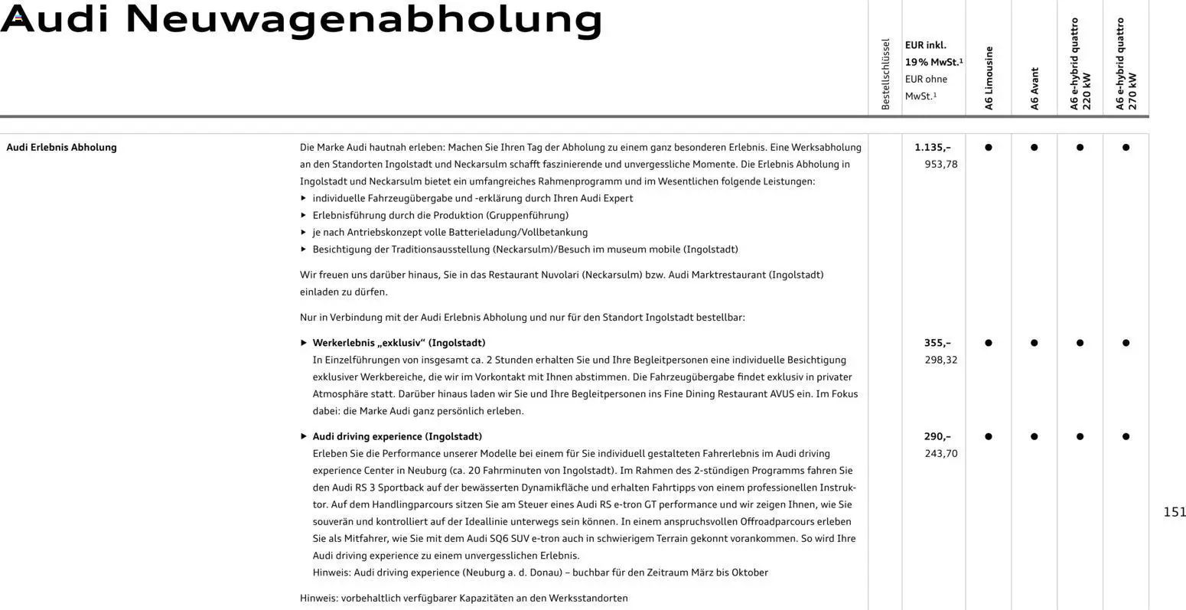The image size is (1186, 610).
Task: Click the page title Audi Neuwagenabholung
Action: [301, 21]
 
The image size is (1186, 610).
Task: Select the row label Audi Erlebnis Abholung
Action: [61, 147]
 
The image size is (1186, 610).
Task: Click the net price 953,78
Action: [940, 164]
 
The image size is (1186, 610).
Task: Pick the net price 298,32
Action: [940, 360]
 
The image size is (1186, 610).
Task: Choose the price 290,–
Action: [937, 436]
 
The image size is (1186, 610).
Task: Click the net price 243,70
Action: [940, 453]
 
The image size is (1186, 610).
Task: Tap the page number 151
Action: [1174, 512]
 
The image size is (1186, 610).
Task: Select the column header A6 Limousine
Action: [989, 78]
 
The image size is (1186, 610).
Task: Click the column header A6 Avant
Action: [1034, 89]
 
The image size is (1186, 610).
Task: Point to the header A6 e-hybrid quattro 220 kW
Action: [1080, 65]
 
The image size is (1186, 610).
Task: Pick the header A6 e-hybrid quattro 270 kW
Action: [1126, 65]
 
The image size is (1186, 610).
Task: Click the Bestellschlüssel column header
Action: [885, 74]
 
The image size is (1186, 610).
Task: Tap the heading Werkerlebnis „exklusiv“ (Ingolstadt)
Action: [399, 343]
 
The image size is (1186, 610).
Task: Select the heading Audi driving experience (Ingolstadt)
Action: [397, 436]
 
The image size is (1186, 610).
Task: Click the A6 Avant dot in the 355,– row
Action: [1034, 343]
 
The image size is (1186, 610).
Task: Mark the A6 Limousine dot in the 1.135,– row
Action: [989, 147]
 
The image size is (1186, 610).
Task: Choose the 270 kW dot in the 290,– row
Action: [1126, 436]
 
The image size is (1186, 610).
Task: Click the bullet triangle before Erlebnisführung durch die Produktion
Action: [304, 215]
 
